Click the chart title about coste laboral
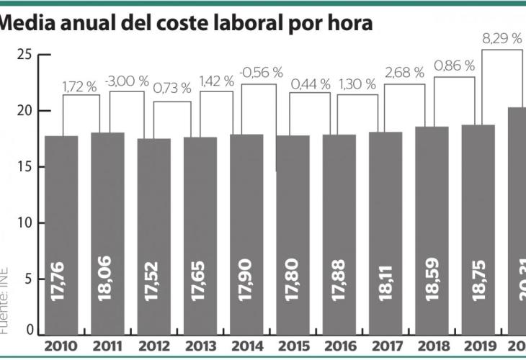pos(186,24)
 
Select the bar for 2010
pos(61,230)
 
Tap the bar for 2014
pos(246,230)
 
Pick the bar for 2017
pos(385,230)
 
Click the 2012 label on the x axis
pos(154,346)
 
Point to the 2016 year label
pos(339,346)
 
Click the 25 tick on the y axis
pos(24,55)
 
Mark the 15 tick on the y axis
pos(24,167)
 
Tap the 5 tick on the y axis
pos(28,279)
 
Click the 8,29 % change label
pos(502,39)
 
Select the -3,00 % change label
pos(126,82)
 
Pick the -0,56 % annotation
pos(261,73)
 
